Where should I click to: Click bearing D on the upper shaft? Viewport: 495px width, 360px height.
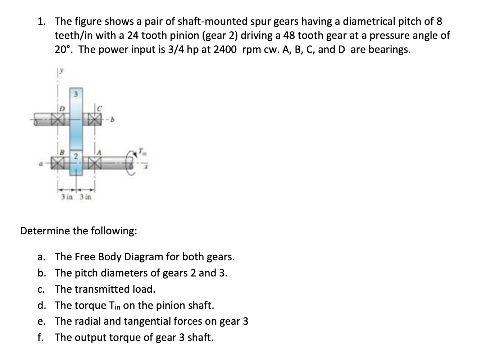(x=57, y=119)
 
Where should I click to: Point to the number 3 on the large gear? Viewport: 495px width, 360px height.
(x=76, y=95)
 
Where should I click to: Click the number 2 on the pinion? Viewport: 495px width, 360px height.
(x=76, y=155)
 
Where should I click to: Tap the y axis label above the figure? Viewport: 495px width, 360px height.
(x=62, y=72)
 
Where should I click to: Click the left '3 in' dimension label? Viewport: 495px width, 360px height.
(x=67, y=197)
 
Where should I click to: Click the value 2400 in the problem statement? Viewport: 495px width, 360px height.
(x=225, y=49)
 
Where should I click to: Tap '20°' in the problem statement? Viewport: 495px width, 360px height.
(x=64, y=49)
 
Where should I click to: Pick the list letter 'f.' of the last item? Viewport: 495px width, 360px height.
(x=40, y=337)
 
